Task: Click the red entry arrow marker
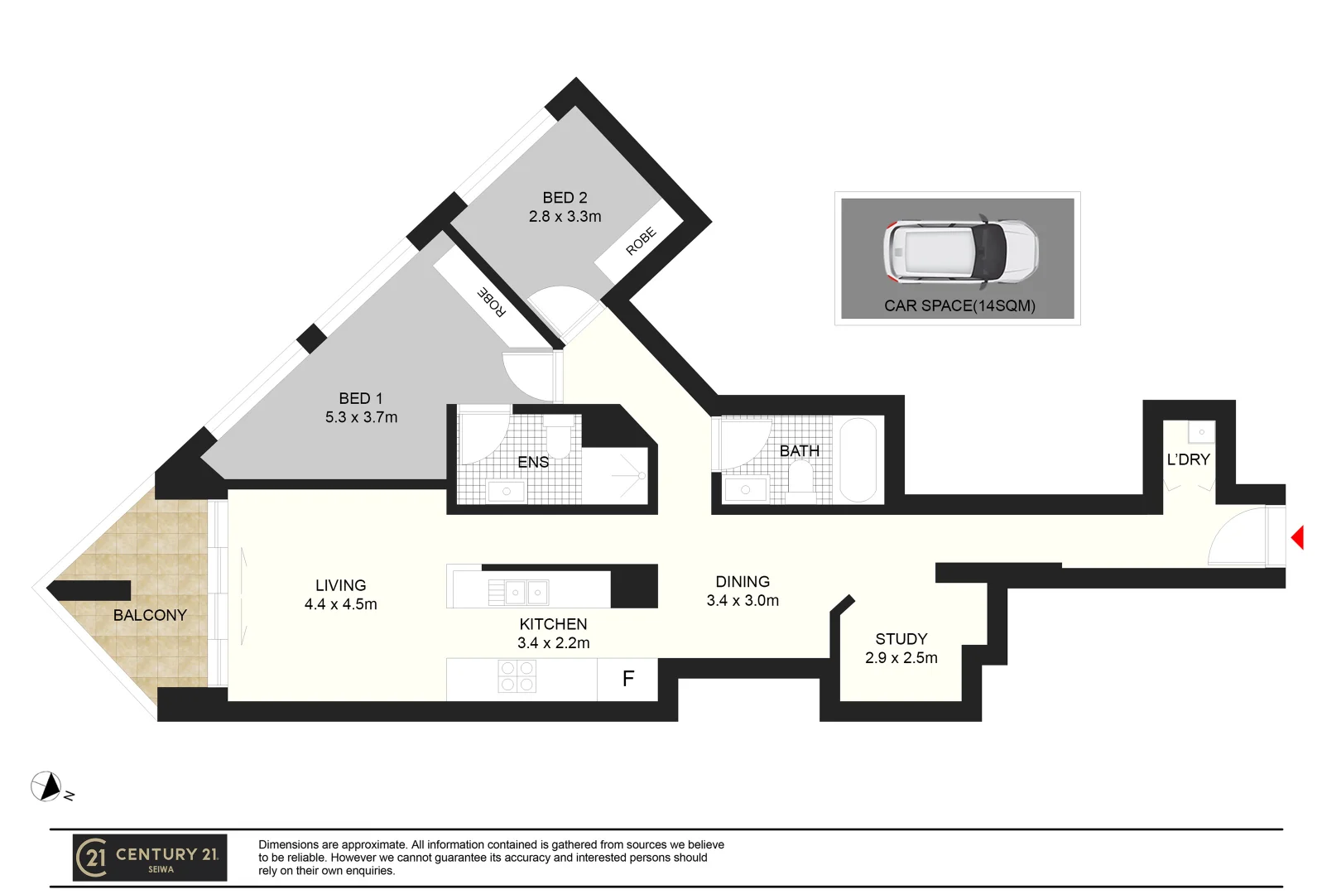click(x=1298, y=538)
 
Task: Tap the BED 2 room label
click(x=565, y=198)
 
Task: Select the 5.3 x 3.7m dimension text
click(x=361, y=417)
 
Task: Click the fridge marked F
click(x=627, y=680)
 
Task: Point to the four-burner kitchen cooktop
click(x=517, y=676)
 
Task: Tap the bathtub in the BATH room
click(x=858, y=460)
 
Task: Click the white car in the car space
click(x=960, y=250)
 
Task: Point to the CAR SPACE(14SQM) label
click(x=959, y=305)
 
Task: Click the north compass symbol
click(x=46, y=786)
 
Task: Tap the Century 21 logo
click(x=150, y=858)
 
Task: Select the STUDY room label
click(x=901, y=639)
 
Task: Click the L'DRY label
click(x=1188, y=459)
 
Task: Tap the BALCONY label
click(x=150, y=615)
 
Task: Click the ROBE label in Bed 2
click(x=641, y=241)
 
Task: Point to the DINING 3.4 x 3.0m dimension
click(x=743, y=601)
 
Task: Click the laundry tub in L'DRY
click(x=1201, y=432)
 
